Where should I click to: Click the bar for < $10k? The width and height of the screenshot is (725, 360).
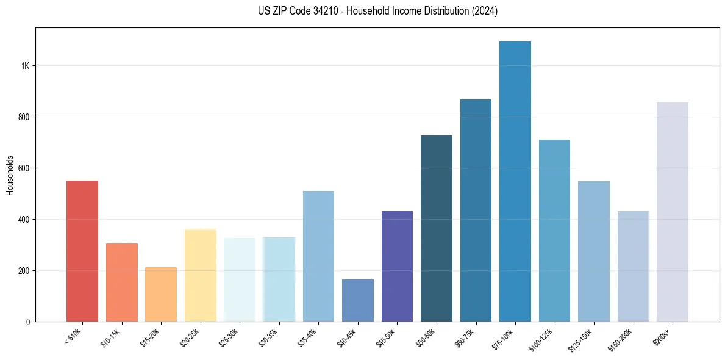coord(82,251)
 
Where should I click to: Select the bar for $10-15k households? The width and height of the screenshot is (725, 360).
coord(122,283)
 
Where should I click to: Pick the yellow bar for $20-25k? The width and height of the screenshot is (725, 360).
coord(201,275)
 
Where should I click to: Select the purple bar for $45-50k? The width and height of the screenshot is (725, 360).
coord(397,266)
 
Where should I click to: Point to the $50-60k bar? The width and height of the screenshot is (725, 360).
coord(437,228)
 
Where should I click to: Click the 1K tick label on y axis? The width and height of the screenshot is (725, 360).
coord(24,66)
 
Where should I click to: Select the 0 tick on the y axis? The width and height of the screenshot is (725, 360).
coord(27,322)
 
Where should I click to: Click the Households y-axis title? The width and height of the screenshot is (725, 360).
coord(10,175)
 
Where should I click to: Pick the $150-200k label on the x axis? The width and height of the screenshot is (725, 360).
coord(623,339)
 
